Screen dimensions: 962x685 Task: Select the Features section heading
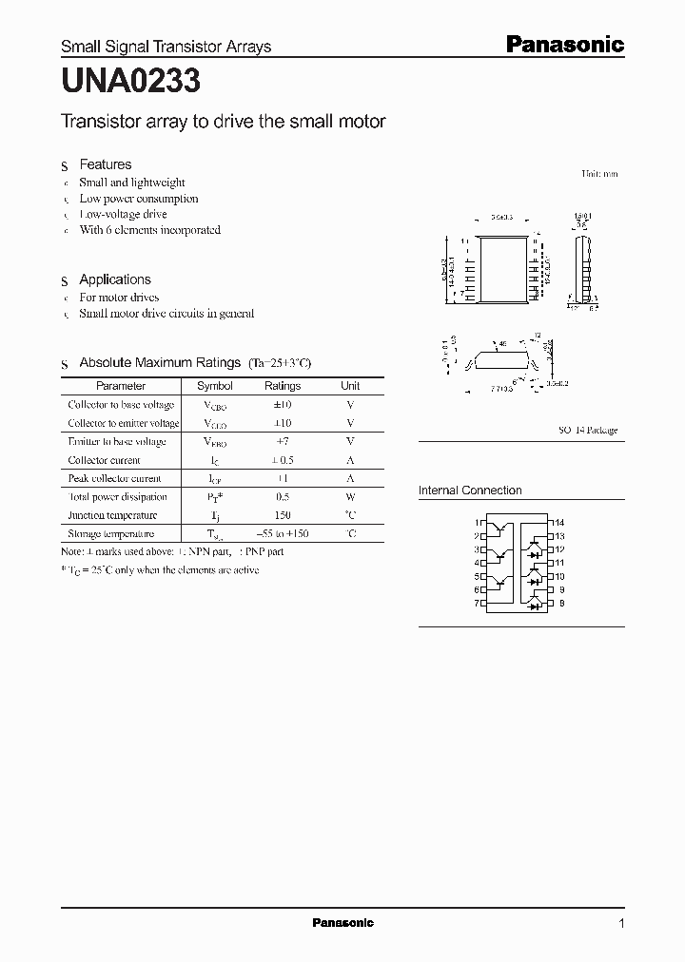[x=105, y=164]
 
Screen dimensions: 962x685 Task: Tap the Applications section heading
[x=114, y=279]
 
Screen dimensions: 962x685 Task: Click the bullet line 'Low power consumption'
[x=138, y=199]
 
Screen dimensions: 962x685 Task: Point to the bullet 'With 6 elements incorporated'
[x=149, y=230]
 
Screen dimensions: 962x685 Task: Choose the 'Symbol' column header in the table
[x=214, y=386]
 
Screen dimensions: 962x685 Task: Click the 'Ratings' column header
[x=282, y=386]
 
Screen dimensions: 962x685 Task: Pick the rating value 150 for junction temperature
[x=282, y=515]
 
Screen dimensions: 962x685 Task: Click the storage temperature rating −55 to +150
[x=282, y=534]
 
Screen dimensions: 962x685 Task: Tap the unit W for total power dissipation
[x=350, y=497]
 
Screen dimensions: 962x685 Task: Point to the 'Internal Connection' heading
[x=470, y=491]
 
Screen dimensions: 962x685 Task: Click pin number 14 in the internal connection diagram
[x=559, y=523]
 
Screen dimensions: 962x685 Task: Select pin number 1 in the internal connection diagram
[x=478, y=523]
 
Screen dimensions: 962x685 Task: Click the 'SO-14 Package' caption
[x=587, y=430]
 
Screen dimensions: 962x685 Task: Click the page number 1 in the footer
[x=621, y=924]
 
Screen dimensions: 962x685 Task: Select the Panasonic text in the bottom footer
[x=342, y=923]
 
